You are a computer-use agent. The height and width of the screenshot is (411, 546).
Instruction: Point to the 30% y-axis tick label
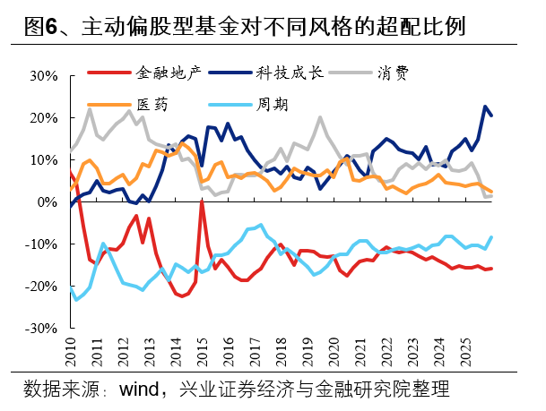click(x=42, y=75)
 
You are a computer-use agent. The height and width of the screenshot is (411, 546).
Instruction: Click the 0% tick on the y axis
click(x=48, y=202)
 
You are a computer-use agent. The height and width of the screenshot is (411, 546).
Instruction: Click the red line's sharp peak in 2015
click(x=202, y=201)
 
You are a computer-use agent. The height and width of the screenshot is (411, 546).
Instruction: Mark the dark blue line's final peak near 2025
click(x=485, y=107)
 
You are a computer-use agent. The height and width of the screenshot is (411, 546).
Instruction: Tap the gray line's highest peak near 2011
click(x=90, y=108)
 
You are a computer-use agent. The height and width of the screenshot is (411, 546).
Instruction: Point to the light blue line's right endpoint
click(x=491, y=237)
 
